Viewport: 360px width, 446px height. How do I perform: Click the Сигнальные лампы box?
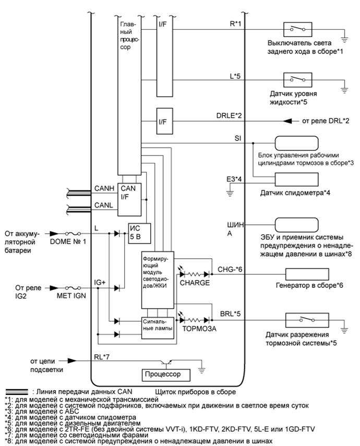click(157, 327)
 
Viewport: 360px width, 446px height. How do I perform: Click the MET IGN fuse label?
click(67, 295)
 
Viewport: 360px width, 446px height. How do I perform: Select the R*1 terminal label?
click(229, 24)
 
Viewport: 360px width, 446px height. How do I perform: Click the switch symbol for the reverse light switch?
click(297, 29)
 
